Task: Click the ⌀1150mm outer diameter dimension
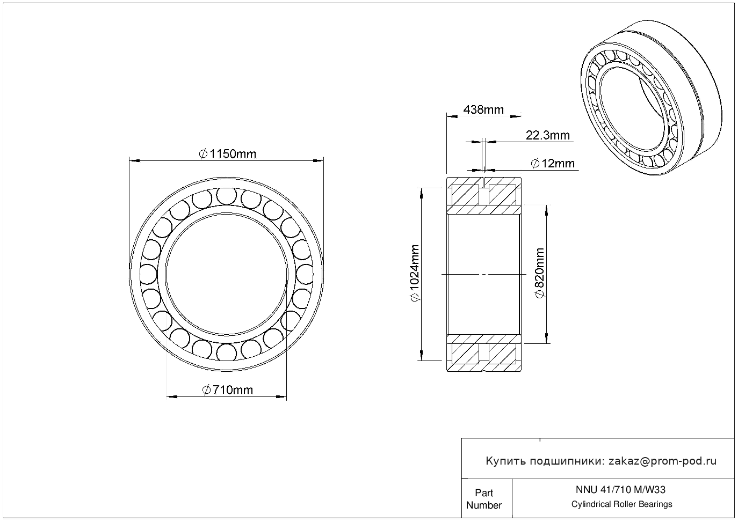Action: pos(227,154)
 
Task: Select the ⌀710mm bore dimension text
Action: pos(227,389)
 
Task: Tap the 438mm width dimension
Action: pos(483,109)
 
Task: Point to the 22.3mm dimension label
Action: pos(547,135)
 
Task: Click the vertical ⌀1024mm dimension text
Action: pos(414,273)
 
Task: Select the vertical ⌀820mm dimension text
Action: pos(539,273)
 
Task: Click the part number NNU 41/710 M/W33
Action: pos(620,490)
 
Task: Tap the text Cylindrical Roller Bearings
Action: pos(621,504)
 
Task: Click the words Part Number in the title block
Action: pos(483,498)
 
